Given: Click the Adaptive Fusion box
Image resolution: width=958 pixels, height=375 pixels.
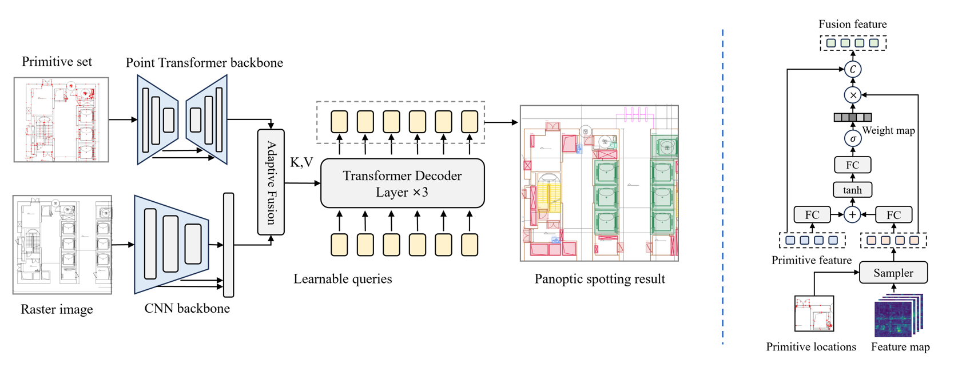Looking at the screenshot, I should [x=271, y=182].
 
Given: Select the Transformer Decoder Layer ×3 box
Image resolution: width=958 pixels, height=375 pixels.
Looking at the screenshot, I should [x=402, y=183].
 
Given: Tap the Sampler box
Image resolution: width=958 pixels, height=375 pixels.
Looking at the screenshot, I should [x=893, y=273].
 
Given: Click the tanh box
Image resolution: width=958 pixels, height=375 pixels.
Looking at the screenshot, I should [x=852, y=190].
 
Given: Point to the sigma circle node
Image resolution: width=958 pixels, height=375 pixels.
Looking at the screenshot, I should [x=853, y=138].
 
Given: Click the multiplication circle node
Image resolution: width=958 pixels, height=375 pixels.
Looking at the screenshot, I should [x=853, y=95].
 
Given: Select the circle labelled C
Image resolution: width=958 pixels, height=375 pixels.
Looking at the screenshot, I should [x=853, y=69].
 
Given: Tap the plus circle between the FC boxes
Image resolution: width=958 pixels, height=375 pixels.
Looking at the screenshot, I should [x=852, y=214].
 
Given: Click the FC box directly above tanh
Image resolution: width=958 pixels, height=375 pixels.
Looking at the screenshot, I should [x=852, y=165].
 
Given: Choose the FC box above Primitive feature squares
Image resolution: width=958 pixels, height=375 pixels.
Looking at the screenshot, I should [x=812, y=214].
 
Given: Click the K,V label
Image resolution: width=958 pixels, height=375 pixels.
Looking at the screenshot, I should [x=301, y=162].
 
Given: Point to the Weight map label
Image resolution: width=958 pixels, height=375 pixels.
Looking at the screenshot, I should [x=888, y=130].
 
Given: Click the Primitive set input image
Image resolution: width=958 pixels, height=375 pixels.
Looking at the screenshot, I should [x=61, y=119].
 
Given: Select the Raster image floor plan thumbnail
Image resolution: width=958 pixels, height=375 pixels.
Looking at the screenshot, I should [x=62, y=245].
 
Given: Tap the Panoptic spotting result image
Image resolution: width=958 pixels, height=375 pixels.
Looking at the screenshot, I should [x=599, y=183].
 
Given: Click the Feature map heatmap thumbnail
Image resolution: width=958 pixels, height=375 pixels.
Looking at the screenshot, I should [x=897, y=316].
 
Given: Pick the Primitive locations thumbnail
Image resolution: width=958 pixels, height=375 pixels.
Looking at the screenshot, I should [x=814, y=313].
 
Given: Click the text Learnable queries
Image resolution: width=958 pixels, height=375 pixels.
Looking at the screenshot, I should [x=343, y=279].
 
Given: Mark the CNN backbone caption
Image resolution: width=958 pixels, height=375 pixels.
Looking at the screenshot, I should [x=187, y=309].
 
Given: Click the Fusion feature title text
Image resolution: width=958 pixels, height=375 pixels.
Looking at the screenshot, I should [x=852, y=24].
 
